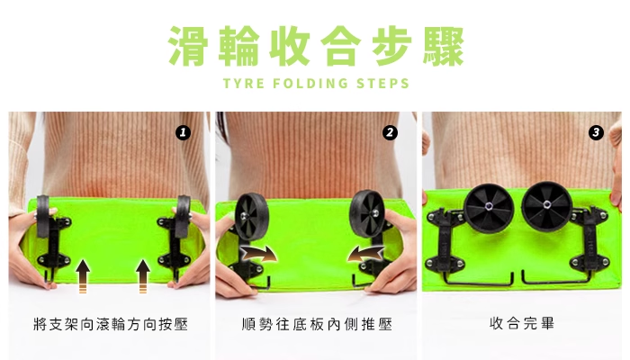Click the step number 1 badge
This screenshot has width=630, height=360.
click(183, 132)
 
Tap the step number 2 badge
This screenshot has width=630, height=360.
click(390, 132)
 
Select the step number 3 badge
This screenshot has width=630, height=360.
click(596, 132)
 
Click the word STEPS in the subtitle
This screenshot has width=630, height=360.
click(382, 83)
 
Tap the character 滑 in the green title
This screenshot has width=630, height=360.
click(188, 46)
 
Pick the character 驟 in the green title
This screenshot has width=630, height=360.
click(444, 46)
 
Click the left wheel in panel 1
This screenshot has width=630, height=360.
click(43, 216)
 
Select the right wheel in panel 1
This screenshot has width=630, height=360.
click(183, 216)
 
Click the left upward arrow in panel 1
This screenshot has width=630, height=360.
click(83, 276)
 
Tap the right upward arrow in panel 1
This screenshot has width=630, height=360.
click(142, 276)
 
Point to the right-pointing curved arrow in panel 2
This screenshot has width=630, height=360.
click(259, 255)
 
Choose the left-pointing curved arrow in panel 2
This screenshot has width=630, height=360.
click(365, 255)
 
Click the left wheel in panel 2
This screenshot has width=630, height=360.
click(251, 216)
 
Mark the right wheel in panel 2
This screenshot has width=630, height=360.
click(367, 214)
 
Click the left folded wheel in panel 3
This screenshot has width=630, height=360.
click(489, 208)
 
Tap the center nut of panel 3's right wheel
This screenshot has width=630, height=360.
click(547, 205)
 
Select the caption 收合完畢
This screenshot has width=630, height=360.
click(522, 323)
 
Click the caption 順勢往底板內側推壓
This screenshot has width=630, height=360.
click(317, 324)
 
